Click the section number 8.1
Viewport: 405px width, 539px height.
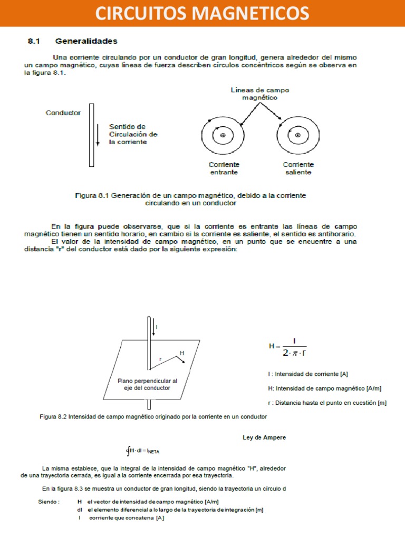coord(35,41)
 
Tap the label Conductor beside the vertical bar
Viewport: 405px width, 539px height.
coord(63,113)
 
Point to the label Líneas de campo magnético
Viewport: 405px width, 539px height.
coord(260,94)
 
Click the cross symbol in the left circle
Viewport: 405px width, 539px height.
coord(223,135)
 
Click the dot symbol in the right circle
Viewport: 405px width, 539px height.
coord(298,135)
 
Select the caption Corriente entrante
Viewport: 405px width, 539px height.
coord(224,168)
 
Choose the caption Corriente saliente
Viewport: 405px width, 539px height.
coord(298,168)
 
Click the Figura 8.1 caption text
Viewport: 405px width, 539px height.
coord(190,199)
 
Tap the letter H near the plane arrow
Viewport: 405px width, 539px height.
coord(182,353)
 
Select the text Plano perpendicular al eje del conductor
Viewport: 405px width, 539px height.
coord(147,384)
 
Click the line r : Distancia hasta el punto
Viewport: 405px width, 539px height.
coord(327,403)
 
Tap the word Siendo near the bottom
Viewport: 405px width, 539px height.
coord(49,502)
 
